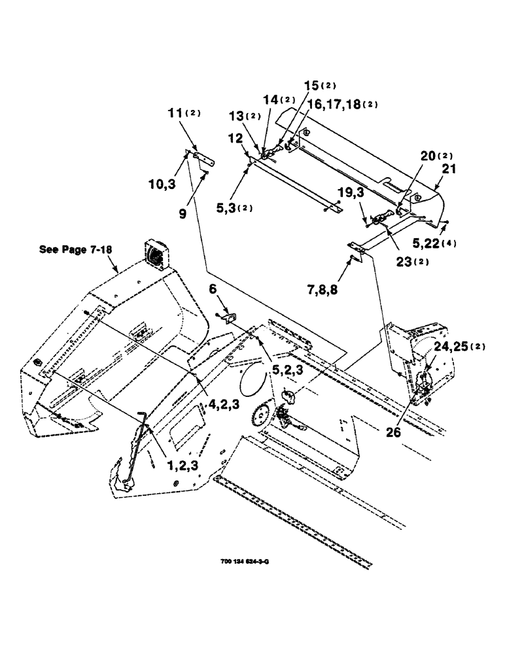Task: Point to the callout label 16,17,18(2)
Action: point(341,104)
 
